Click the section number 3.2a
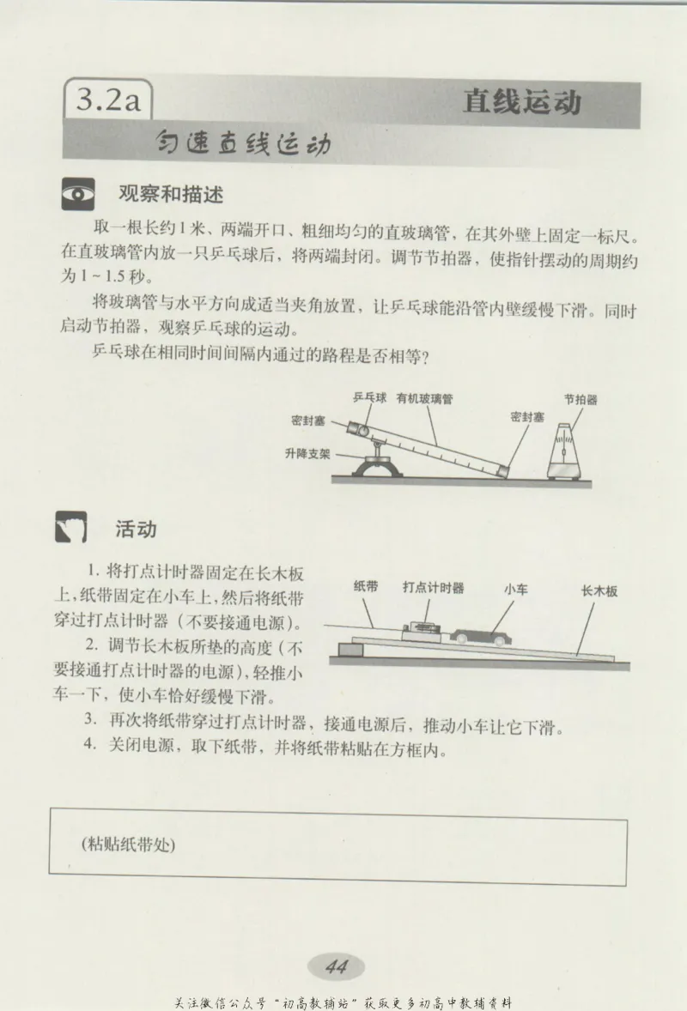tap(107, 101)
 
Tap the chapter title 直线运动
tap(522, 101)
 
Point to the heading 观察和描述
tap(170, 194)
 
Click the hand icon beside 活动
tap(72, 529)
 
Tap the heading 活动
tap(136, 529)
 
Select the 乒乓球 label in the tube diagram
tap(369, 398)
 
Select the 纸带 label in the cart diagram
tap(366, 588)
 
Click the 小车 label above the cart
tap(515, 590)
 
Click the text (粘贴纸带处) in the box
tap(128, 844)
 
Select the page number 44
tap(336, 966)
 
